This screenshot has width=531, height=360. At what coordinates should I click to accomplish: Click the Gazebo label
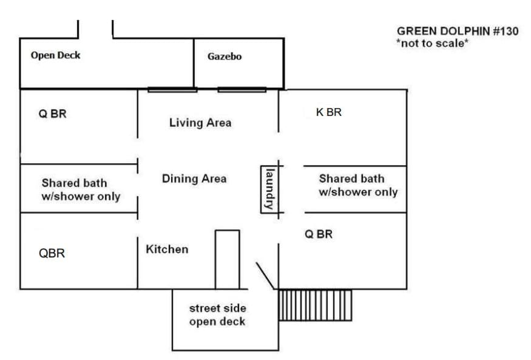(x=225, y=56)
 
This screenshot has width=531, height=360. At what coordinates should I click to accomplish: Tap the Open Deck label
(x=56, y=55)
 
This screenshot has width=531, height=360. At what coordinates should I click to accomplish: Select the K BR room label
(x=329, y=112)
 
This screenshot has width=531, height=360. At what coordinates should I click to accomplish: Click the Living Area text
(x=200, y=123)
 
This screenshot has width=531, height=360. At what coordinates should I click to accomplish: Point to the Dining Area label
(x=194, y=178)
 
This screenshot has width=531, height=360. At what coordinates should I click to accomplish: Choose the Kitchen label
(x=167, y=250)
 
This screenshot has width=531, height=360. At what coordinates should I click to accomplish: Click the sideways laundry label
(x=270, y=189)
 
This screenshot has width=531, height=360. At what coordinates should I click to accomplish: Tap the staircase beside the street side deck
(x=315, y=305)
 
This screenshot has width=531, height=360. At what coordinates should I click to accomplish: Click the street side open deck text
(x=217, y=315)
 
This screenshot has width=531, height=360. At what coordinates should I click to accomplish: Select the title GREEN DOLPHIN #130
(x=458, y=31)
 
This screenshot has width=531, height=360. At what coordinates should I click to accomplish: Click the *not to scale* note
(x=433, y=43)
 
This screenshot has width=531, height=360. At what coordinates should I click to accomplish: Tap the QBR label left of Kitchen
(x=52, y=253)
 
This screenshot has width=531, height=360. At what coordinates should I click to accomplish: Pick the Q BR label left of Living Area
(x=52, y=114)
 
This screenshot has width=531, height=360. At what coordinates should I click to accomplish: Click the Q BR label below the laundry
(x=319, y=234)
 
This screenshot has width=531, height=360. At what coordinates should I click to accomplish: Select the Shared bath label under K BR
(x=358, y=185)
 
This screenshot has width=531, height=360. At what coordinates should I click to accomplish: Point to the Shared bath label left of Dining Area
(x=81, y=189)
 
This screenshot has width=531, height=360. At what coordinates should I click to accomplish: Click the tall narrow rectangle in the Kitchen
(x=228, y=259)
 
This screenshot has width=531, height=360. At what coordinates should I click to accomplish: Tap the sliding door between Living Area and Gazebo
(x=242, y=90)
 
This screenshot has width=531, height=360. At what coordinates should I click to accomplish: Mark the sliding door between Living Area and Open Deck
(x=172, y=90)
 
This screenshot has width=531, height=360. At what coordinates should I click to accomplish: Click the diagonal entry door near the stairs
(x=265, y=276)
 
